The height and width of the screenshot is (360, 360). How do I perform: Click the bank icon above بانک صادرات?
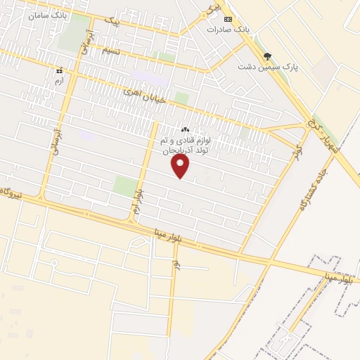pos(227,19)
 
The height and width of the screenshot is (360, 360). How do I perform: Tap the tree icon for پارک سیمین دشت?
pos(266,55)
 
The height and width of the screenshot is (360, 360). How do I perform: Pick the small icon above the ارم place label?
pos(60,71)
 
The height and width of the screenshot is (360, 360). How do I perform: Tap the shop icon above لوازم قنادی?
pos(186,129)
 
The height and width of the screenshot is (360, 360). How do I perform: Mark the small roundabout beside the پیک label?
pos(207,13)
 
